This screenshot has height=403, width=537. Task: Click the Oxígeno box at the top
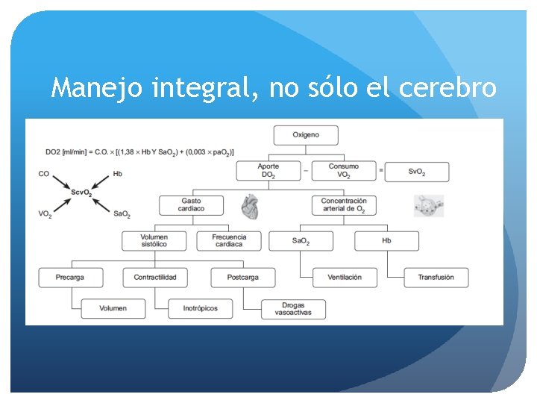click(306, 135)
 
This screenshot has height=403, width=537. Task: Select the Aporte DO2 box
click(268, 171)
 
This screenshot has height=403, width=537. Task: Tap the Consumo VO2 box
click(343, 171)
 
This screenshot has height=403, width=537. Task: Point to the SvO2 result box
click(418, 172)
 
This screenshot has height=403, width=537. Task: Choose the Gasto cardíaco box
click(191, 205)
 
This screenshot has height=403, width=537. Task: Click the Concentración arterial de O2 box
click(344, 205)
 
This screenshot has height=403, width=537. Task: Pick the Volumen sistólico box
click(154, 240)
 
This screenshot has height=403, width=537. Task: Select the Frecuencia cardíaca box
click(229, 240)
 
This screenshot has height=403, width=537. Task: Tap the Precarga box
click(70, 277)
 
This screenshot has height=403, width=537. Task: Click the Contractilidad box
click(155, 277)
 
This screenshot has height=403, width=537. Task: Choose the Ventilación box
click(345, 277)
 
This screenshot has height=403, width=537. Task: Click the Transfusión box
click(436, 277)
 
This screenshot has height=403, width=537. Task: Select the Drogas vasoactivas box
click(294, 308)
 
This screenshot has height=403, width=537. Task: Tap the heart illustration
click(251, 207)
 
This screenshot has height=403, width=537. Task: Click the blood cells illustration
click(429, 205)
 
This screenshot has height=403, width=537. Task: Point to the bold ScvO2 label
click(81, 193)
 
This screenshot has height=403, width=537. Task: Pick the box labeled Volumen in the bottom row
click(113, 307)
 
